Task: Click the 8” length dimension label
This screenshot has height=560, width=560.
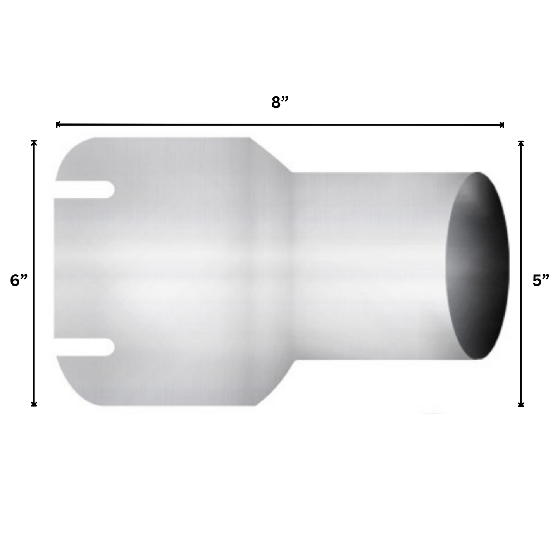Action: tap(280, 103)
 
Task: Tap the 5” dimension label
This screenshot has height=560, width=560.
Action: tap(541, 280)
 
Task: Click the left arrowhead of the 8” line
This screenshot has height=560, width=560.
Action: tap(58, 124)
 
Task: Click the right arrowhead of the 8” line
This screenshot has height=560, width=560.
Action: tap(502, 124)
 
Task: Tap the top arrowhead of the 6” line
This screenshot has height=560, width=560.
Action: tap(34, 142)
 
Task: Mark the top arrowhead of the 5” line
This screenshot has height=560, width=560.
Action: tap(521, 143)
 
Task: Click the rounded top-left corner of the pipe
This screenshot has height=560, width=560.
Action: tap(74, 149)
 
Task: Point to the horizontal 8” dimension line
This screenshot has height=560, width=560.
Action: tap(280, 125)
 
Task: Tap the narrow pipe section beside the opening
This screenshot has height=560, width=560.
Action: tap(368, 266)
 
